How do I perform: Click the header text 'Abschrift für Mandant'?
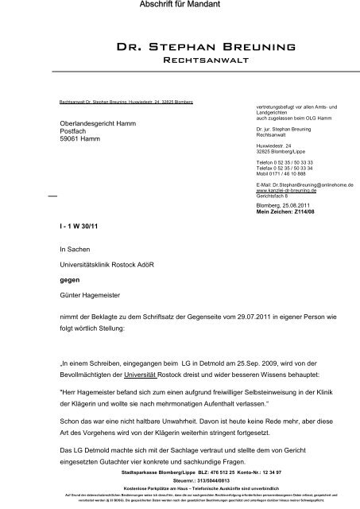pos(179,7)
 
